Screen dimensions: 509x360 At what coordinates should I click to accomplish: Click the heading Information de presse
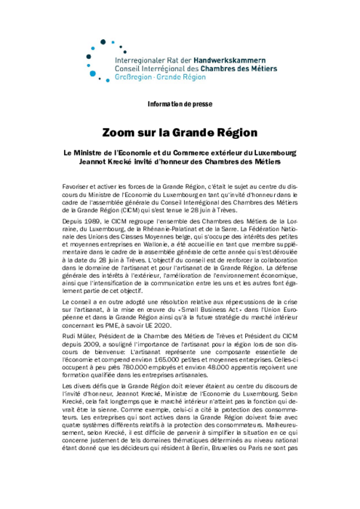click(180, 104)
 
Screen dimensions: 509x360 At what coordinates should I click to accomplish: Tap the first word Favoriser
click(78, 188)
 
